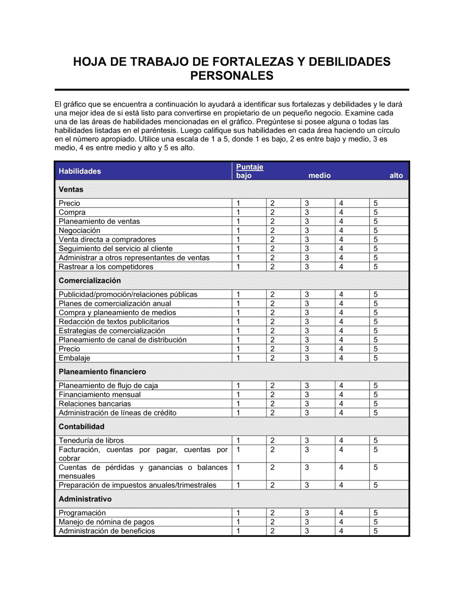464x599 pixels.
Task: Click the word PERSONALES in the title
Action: (x=232, y=76)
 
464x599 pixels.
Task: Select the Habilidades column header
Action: (x=80, y=171)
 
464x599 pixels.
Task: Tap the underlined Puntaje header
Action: (x=250, y=167)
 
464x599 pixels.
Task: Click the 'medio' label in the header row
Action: (x=320, y=176)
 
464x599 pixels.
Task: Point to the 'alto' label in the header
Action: (x=396, y=176)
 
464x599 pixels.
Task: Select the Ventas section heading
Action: (x=71, y=189)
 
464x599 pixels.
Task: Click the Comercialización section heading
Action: (x=90, y=280)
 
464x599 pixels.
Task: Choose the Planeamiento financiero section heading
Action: (x=102, y=371)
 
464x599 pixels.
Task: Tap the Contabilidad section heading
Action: (x=81, y=426)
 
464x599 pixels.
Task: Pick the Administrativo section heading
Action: (x=85, y=499)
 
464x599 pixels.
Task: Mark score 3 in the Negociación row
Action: (x=307, y=230)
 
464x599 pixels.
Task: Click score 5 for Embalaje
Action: (x=375, y=358)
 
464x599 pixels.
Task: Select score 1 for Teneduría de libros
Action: (x=238, y=440)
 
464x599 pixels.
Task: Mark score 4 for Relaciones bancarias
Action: (x=341, y=404)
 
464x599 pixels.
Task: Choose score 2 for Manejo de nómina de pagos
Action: (x=272, y=522)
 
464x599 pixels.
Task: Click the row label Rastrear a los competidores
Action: (x=106, y=267)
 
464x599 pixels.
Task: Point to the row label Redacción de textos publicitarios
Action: (x=114, y=322)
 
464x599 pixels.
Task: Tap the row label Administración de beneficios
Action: (x=107, y=531)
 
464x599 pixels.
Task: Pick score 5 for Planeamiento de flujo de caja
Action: (x=375, y=385)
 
